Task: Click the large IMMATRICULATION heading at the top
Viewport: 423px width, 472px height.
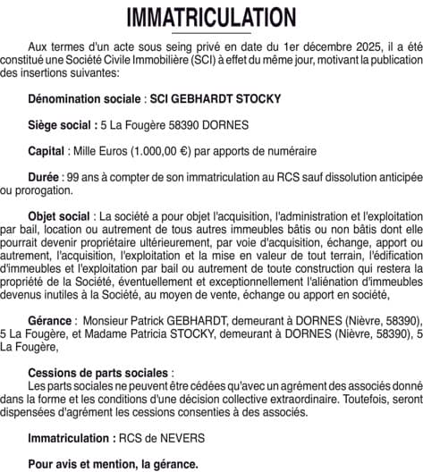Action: pyautogui.click(x=211, y=18)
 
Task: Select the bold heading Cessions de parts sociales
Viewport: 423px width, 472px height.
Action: pyautogui.click(x=99, y=371)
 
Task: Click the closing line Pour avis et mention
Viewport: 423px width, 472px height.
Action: pyautogui.click(x=113, y=464)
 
